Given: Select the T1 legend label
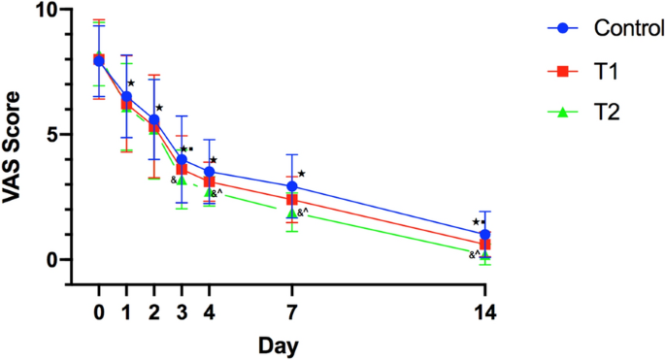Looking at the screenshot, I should [581, 70].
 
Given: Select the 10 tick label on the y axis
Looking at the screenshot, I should [46, 11].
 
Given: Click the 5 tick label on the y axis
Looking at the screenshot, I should [51, 135].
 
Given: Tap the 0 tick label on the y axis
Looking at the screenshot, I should [51, 260].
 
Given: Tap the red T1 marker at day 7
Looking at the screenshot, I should [292, 200].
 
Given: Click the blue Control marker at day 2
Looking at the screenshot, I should [154, 119].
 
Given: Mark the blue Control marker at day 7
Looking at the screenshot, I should [292, 186].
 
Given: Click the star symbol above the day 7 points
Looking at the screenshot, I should [302, 175].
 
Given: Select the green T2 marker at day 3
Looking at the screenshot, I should [182, 180].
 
